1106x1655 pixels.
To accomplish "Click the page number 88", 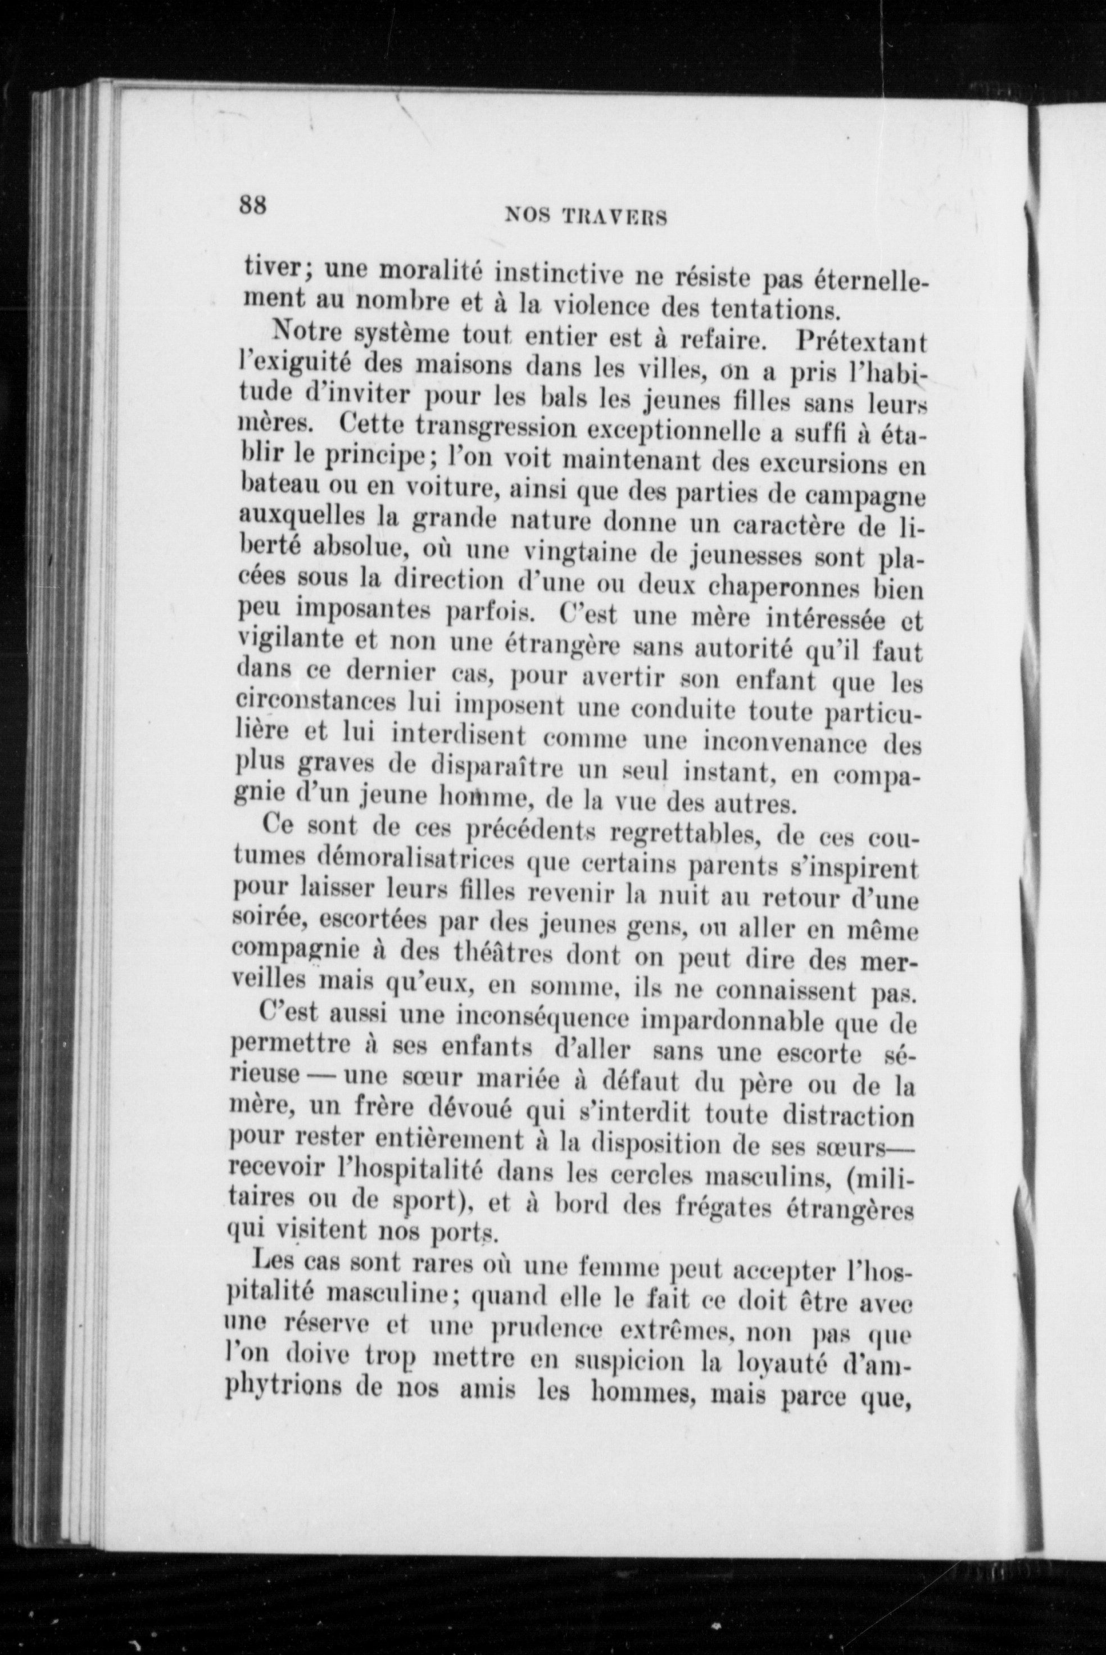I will [252, 205].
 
